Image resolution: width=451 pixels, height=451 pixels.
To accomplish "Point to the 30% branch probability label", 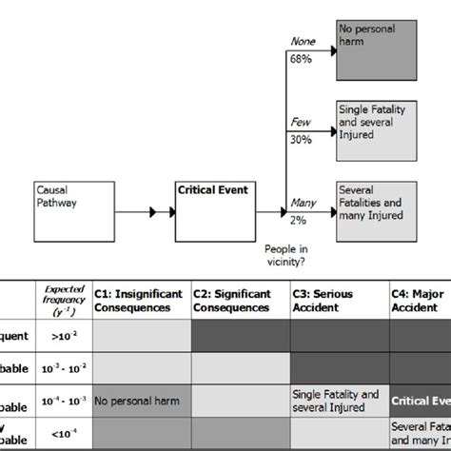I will click(300, 139).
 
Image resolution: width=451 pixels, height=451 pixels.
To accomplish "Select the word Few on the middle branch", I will click(300, 122).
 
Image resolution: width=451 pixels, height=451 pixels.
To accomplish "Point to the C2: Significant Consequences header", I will click(237, 301).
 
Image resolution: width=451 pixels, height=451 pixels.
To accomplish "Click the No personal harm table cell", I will click(139, 401).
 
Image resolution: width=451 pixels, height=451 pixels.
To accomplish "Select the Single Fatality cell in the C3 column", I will click(336, 401).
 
